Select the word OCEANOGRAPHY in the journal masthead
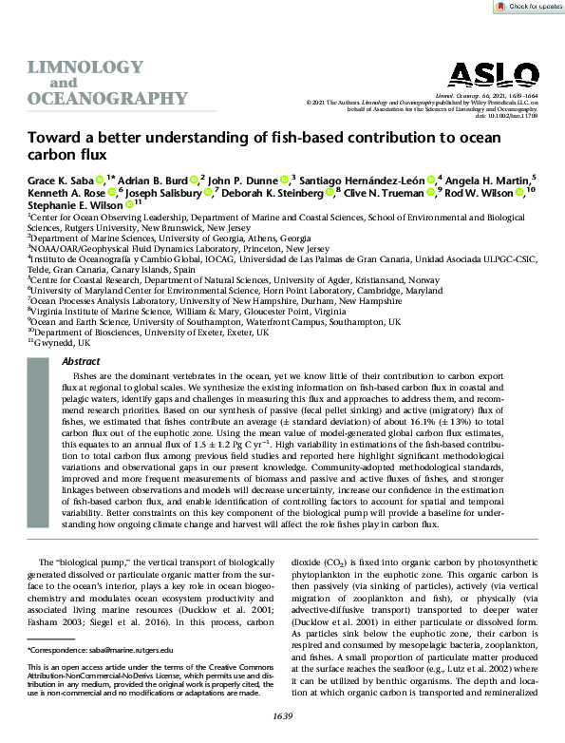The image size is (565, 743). [106, 99]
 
